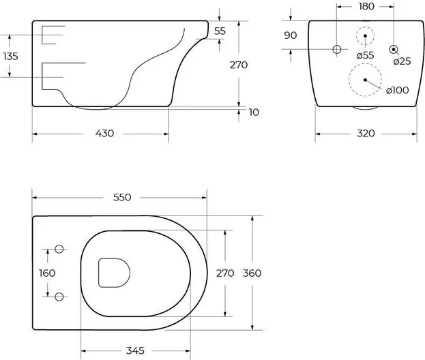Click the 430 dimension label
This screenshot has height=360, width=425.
[x=104, y=133]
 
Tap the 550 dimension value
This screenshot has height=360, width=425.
[x=122, y=197]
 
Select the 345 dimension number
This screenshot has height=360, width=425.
[x=135, y=350]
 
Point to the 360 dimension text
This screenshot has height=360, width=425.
[x=252, y=273]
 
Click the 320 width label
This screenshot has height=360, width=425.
[x=366, y=133]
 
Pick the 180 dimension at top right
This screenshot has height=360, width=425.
[x=366, y=6]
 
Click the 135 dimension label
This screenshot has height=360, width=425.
[x=10, y=57]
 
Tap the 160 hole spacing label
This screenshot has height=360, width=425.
[x=47, y=273]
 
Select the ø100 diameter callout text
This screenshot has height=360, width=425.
[x=397, y=90]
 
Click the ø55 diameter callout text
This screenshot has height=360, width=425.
[x=366, y=55]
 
